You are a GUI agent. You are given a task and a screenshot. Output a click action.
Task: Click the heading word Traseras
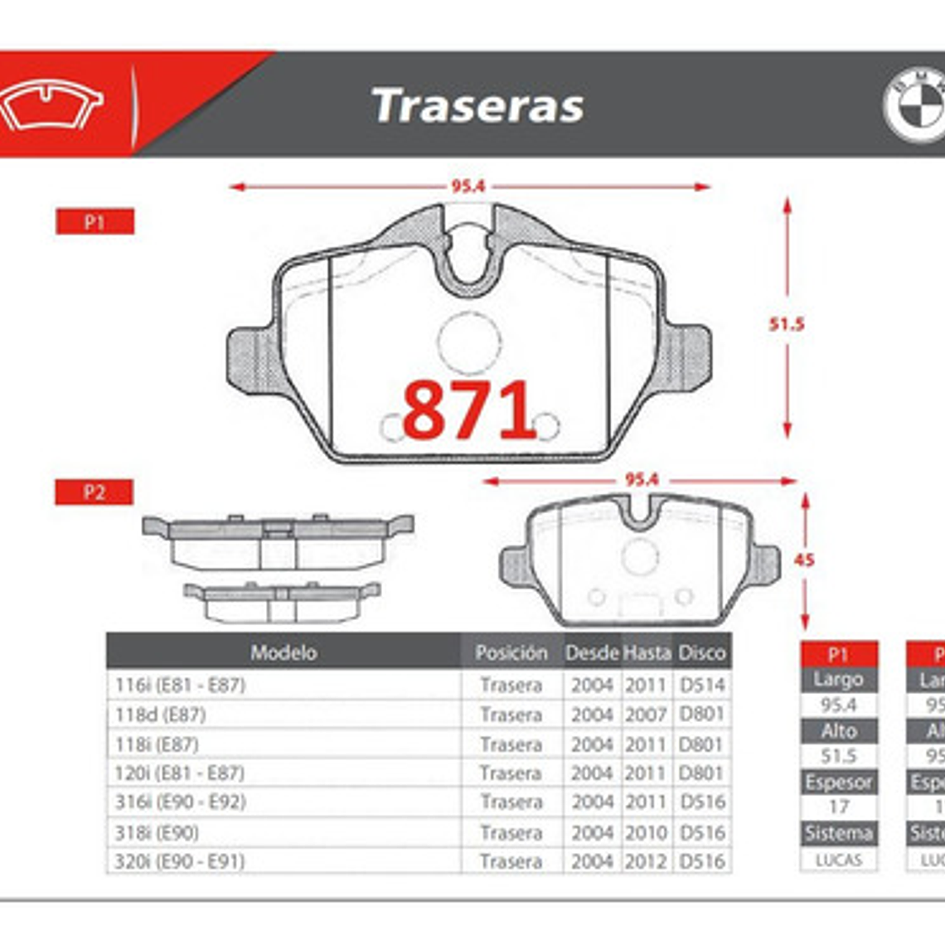[478, 106]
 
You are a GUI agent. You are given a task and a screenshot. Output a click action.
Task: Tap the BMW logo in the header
[914, 105]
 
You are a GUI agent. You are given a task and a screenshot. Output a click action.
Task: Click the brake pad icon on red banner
[51, 106]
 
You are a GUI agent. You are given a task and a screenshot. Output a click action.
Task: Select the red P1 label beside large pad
[94, 222]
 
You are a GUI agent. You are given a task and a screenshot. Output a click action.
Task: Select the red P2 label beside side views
[94, 492]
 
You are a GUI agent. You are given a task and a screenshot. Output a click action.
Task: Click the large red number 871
[469, 410]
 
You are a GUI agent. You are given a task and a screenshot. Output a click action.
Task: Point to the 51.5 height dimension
[786, 324]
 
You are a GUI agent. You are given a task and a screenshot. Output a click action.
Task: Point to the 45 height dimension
[803, 560]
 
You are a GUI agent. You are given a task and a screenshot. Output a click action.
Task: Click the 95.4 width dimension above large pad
[468, 187]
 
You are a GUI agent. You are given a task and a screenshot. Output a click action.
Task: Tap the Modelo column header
[283, 653]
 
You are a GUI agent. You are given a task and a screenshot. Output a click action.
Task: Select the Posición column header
[511, 653]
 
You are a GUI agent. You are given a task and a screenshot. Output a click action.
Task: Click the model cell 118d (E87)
[161, 715]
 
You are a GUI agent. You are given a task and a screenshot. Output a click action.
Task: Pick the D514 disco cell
[702, 685]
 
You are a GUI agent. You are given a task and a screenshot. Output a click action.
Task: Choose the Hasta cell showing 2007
[646, 715]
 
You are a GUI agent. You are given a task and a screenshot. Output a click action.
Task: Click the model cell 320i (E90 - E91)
[180, 861]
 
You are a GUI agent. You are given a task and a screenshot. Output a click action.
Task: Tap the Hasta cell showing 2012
[646, 861]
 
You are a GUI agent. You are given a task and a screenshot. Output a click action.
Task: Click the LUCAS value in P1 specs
[838, 860]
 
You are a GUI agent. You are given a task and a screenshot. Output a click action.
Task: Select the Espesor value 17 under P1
[838, 807]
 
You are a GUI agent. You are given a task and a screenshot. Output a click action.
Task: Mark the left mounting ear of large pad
[250, 357]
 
